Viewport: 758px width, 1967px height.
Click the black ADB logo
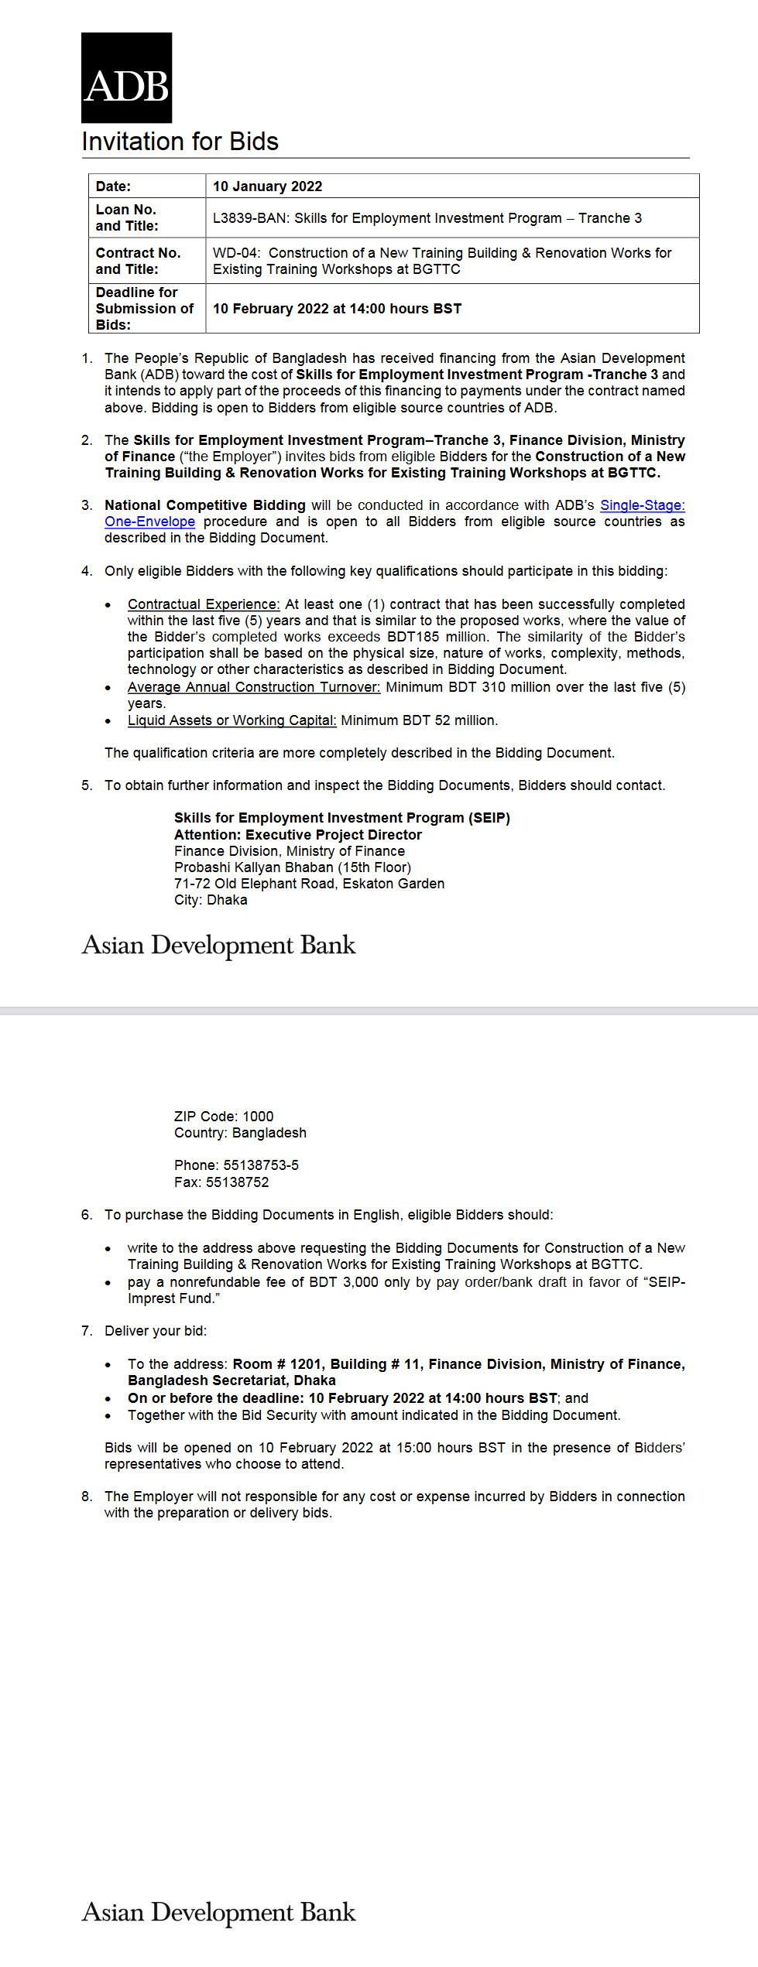(126, 78)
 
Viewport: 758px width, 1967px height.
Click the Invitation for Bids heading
(180, 142)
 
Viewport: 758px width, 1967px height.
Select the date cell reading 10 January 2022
(267, 186)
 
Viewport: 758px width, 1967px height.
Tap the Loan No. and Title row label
(127, 217)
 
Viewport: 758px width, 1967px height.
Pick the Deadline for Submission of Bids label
(144, 309)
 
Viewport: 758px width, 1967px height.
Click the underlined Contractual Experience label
(204, 604)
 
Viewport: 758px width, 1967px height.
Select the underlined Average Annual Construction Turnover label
(254, 687)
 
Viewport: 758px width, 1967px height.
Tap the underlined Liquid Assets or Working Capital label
(232, 720)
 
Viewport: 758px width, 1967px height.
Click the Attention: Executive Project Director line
(297, 835)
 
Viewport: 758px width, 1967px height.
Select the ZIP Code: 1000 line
(224, 1117)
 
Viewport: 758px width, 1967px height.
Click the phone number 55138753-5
(261, 1165)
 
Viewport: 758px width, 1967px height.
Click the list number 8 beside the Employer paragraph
(86, 1497)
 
